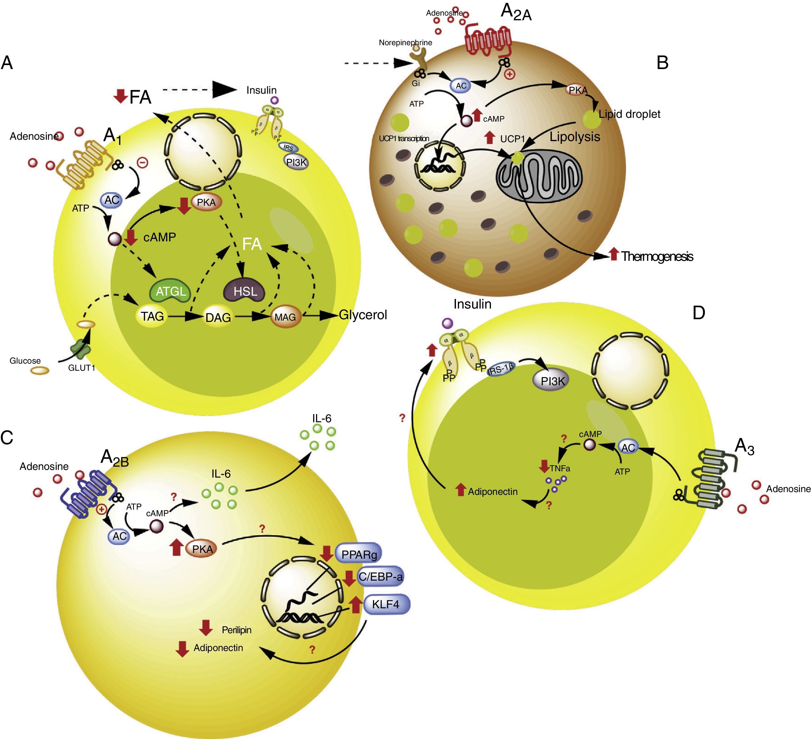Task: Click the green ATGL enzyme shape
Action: coord(171,291)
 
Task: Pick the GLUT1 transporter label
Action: coord(82,367)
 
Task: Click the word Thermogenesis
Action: coord(657,256)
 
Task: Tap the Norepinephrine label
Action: coord(405,43)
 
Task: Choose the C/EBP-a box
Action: coord(380,577)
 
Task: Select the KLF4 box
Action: coord(386,604)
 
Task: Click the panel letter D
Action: coord(699,313)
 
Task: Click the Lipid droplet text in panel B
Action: coord(629,114)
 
